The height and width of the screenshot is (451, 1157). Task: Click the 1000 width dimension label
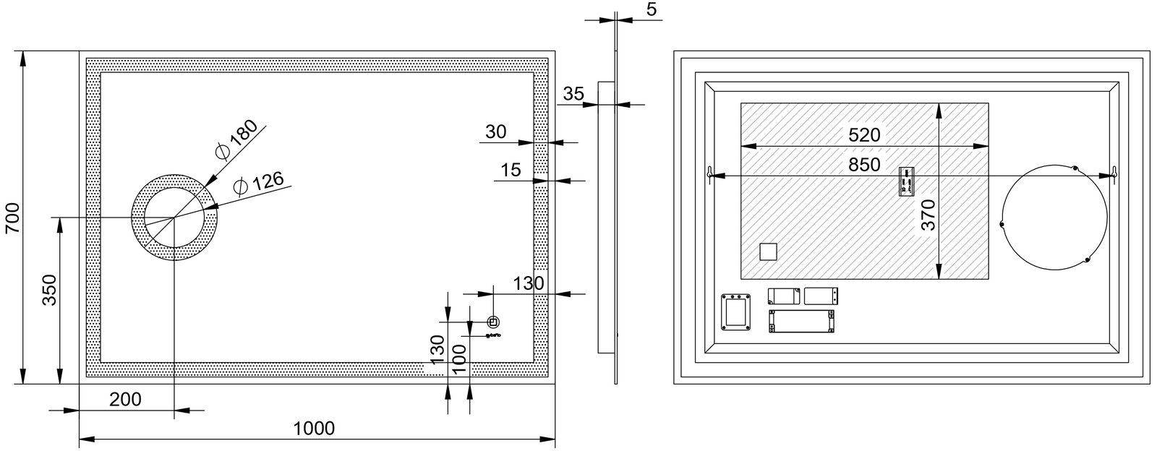click(314, 429)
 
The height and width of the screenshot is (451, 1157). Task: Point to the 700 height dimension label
click(13, 218)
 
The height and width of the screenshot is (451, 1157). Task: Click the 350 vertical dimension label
click(49, 290)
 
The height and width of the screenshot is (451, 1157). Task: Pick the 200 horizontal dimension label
click(125, 400)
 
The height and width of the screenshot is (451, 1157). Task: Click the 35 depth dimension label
click(573, 94)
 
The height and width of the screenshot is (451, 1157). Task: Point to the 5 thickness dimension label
click(652, 9)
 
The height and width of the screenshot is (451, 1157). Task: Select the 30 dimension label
click(496, 132)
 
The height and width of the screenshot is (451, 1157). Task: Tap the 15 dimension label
click(511, 170)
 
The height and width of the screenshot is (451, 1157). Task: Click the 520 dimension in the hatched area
click(864, 135)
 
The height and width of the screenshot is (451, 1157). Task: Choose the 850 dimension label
click(864, 165)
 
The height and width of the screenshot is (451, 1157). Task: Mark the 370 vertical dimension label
click(928, 215)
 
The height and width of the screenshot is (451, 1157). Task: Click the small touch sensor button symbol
click(494, 322)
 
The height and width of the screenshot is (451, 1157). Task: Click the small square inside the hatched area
click(768, 252)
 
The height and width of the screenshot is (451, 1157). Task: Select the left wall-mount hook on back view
click(710, 173)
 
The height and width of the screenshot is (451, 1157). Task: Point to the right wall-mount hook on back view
click(1114, 173)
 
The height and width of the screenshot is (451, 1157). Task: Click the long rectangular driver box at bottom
click(802, 321)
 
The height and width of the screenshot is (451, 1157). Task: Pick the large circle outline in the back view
click(1001, 217)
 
